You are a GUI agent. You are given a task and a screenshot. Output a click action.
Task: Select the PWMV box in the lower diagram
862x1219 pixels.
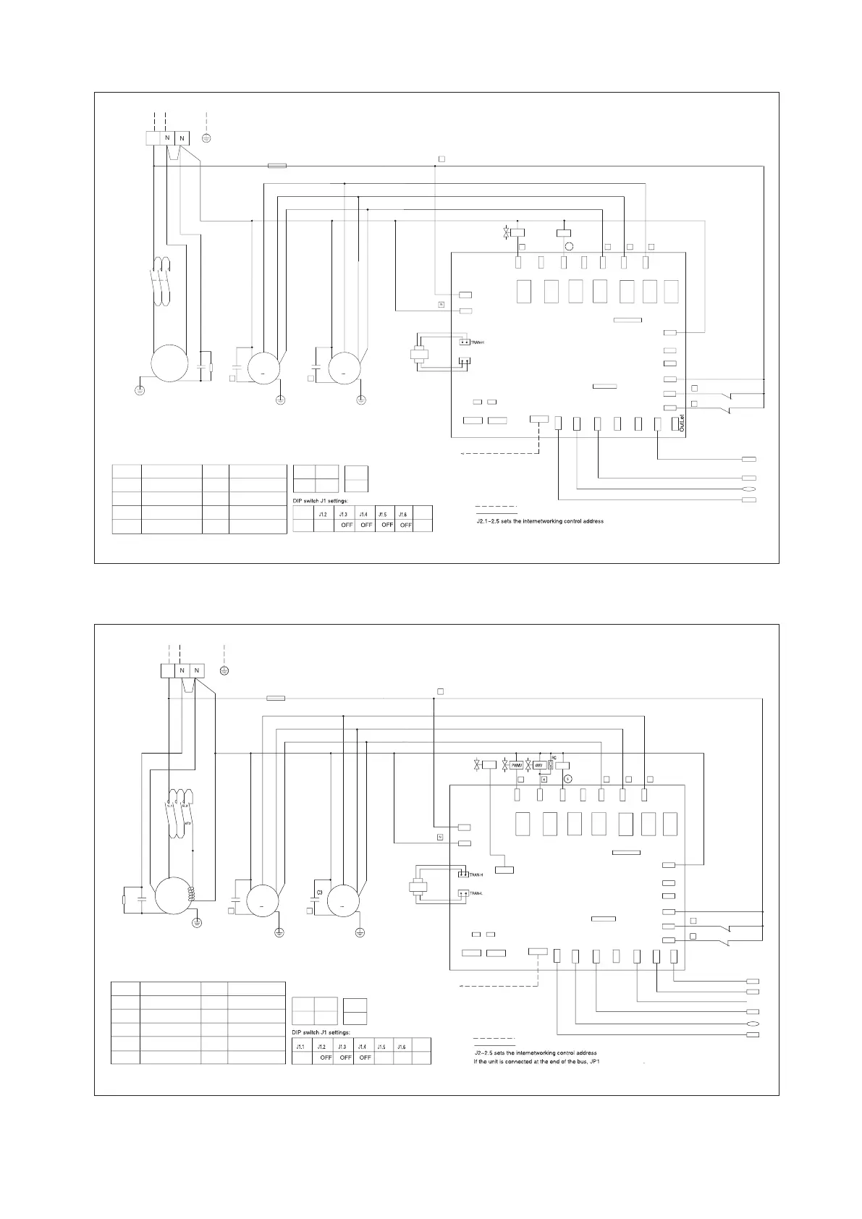[x=517, y=765]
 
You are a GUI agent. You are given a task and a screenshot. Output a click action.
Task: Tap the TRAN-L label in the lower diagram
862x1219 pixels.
[x=476, y=893]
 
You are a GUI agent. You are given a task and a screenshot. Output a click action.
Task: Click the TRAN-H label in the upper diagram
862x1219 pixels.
[x=478, y=342]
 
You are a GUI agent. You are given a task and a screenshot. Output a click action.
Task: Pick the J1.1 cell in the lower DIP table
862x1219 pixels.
[x=301, y=1047]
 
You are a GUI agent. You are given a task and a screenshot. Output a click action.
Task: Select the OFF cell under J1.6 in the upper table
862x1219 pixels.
[x=406, y=526]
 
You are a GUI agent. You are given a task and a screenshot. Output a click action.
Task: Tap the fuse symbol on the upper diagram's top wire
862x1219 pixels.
[x=276, y=166]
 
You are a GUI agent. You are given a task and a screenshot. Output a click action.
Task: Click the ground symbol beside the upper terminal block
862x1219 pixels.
[x=206, y=138]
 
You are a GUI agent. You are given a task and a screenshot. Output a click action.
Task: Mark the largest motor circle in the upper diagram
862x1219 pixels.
[x=169, y=363]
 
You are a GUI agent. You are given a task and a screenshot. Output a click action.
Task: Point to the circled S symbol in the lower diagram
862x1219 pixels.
[x=568, y=779]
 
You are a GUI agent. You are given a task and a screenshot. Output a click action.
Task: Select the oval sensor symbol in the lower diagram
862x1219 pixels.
[x=752, y=1025]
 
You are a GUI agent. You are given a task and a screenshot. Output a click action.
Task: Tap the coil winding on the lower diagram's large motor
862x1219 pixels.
[x=192, y=894]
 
